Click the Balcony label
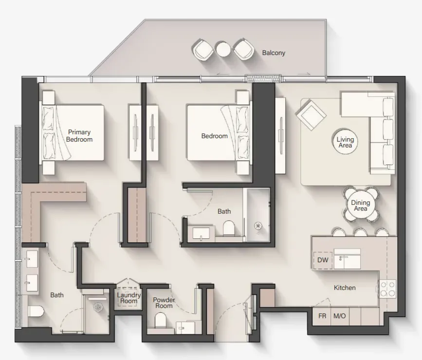click(274, 53)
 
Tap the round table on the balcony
click(223, 49)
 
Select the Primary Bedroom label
click(79, 136)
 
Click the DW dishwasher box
click(323, 260)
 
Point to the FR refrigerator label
click(322, 316)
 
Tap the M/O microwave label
click(339, 316)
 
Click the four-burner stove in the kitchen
click(387, 288)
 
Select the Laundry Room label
click(129, 298)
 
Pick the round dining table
click(360, 205)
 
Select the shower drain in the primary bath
click(98, 306)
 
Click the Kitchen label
click(345, 288)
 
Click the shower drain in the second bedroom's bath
click(258, 225)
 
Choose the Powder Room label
click(164, 303)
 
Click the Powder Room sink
click(185, 328)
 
